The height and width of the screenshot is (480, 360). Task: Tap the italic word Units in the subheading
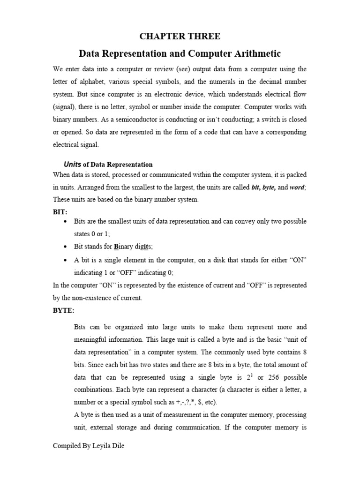pos(72,165)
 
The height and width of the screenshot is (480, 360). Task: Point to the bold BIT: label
pos(60,211)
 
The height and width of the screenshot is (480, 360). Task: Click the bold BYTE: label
pos(63,310)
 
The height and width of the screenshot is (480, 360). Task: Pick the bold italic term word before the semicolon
pos(296,187)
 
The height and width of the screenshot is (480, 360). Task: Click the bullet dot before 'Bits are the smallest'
pos(65,221)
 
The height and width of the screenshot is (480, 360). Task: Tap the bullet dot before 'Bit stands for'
pos(65,247)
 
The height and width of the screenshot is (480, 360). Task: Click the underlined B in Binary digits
pos(116,247)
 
